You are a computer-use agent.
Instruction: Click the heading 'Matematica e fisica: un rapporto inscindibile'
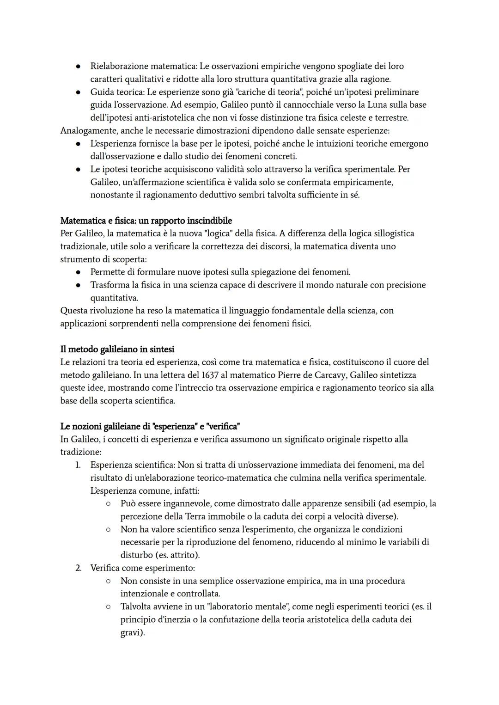click(x=146, y=221)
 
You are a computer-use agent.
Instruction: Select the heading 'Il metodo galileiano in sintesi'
click(x=117, y=349)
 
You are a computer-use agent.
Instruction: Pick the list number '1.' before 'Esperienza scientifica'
click(x=78, y=465)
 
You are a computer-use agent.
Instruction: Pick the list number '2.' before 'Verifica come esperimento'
click(x=78, y=568)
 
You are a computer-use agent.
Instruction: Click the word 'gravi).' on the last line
click(x=133, y=632)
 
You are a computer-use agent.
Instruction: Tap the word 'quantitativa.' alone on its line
click(x=114, y=298)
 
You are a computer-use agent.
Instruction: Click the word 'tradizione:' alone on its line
click(x=80, y=452)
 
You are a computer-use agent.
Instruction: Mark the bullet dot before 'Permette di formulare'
click(x=79, y=272)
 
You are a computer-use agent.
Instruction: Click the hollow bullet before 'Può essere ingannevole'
click(x=108, y=503)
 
